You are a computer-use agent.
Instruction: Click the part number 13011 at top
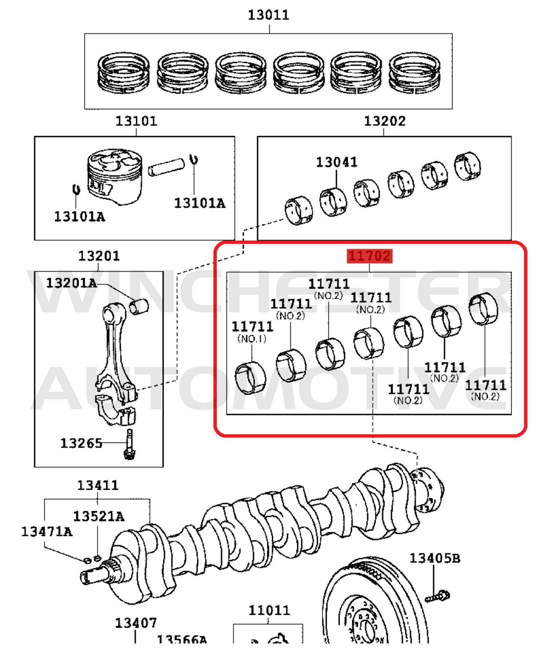(268, 15)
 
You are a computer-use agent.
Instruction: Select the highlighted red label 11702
(369, 256)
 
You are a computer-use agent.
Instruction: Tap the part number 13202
(385, 121)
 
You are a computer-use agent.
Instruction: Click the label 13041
(337, 163)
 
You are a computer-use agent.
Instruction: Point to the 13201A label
(71, 283)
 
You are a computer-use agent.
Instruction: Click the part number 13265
(81, 443)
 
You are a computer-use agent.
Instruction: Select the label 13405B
(435, 558)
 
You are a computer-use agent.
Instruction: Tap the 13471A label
(46, 532)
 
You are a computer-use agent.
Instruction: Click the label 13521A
(98, 516)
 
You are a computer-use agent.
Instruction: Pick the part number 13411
(98, 486)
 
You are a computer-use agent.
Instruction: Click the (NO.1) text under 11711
(252, 339)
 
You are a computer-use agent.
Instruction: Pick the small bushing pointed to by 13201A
(139, 306)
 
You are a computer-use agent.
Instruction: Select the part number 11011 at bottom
(269, 611)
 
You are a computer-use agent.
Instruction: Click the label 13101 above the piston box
(136, 121)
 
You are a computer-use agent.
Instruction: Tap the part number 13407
(136, 624)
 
